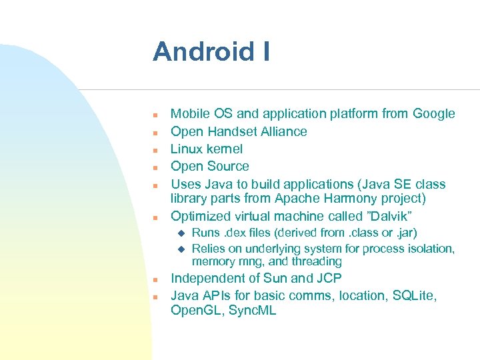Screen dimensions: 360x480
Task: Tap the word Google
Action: (433, 114)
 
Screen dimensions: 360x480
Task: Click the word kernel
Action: (225, 149)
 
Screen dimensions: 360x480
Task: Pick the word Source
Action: (228, 166)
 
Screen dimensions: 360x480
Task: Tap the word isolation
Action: (431, 249)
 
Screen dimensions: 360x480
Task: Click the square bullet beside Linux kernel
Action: (154, 150)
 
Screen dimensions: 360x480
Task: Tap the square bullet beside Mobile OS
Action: (154, 115)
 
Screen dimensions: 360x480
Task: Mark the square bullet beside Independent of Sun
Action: (154, 279)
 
